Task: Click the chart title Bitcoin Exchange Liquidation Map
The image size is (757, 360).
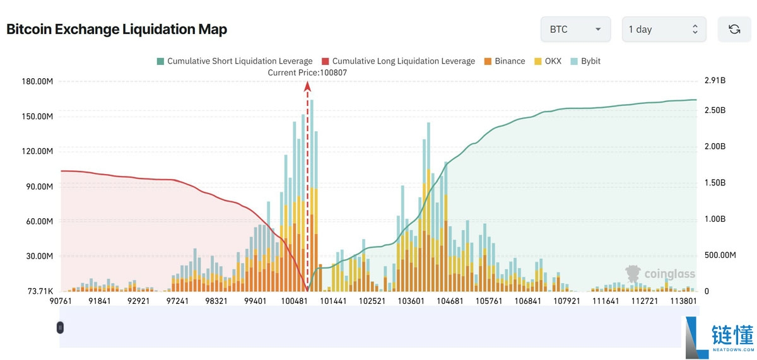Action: pos(117,29)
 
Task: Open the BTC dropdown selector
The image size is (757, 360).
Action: pos(575,30)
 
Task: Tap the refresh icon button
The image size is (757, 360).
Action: pos(734,30)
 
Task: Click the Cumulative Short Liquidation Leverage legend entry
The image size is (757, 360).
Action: pos(234,61)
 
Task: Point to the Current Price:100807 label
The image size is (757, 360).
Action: pos(307,73)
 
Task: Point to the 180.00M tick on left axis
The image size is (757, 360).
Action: pos(37,81)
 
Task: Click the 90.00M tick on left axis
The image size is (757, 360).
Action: pos(38,187)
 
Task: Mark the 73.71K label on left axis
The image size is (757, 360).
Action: pos(39,291)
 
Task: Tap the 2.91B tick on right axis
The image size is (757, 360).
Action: pos(715,81)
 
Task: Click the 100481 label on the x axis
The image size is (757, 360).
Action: pos(294,301)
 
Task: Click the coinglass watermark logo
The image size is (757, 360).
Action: pos(660,274)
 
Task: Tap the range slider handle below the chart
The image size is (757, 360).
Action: pos(60,327)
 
